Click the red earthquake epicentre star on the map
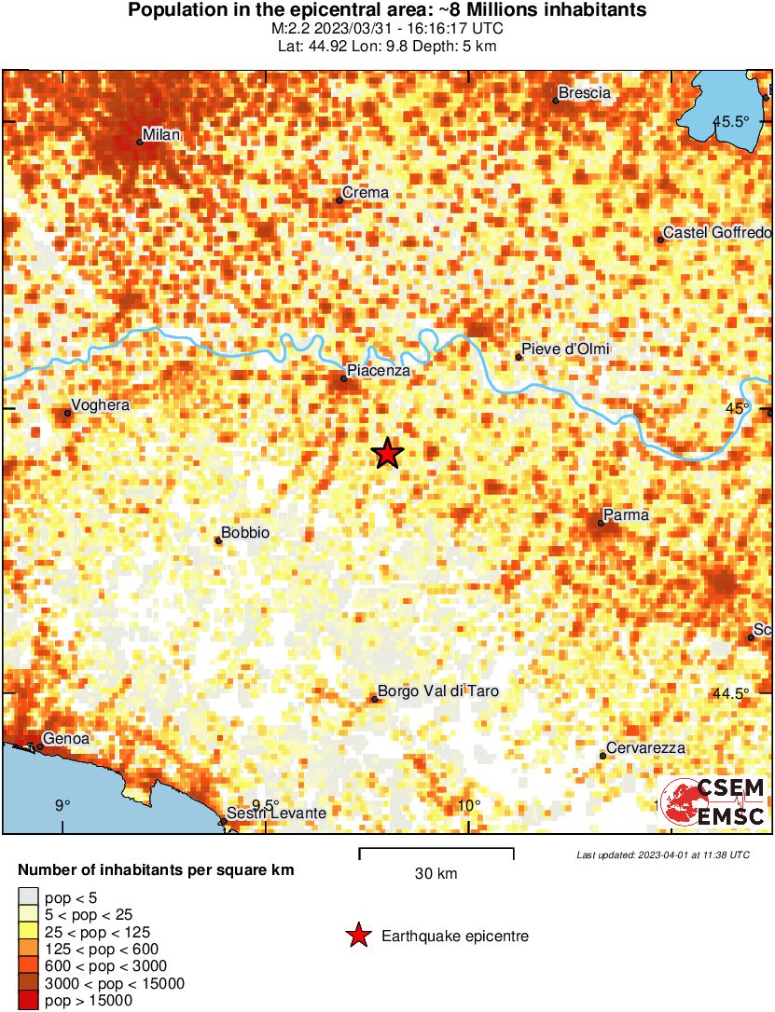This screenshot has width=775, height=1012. pos(388,454)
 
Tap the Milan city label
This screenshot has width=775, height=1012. pos(160,135)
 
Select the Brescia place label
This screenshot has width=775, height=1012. pos(584,93)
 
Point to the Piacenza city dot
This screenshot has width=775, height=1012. pos(344,377)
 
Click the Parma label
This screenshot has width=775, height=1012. pos(626,515)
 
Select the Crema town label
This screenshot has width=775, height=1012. pos(366,193)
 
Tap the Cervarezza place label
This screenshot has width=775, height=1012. pos(645,748)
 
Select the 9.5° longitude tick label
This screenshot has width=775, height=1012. pos(267,806)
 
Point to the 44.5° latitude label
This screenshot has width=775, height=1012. pos(731,693)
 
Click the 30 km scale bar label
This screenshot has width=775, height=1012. pos(436,874)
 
